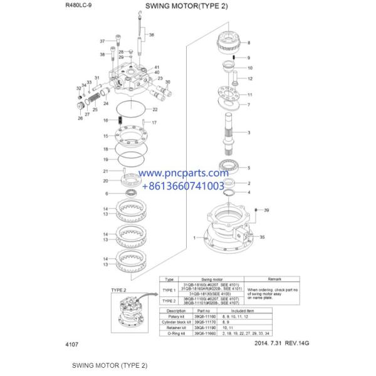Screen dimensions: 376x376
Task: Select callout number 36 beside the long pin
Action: (x=151, y=35)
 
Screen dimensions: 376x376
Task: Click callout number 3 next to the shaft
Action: (x=249, y=133)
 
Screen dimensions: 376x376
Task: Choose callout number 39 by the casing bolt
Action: (x=266, y=210)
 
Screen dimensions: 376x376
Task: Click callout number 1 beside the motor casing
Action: (x=196, y=238)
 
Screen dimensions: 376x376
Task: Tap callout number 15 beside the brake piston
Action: (x=105, y=136)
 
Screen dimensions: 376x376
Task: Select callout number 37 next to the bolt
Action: (x=103, y=41)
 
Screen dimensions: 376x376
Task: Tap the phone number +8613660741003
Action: (x=183, y=186)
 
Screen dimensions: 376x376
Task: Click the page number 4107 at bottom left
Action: (x=72, y=344)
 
